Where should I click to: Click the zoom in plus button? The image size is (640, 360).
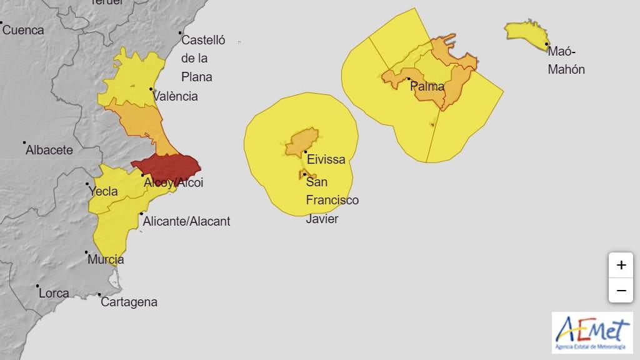621,265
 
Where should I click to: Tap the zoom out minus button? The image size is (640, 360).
621,291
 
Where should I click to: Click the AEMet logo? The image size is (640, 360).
592,332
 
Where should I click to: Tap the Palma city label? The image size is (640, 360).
427,86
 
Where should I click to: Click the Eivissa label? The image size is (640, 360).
326,159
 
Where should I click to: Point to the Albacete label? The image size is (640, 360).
49,150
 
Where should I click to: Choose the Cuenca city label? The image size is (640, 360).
24,30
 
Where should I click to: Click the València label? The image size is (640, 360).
176,96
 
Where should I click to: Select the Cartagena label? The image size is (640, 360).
129,302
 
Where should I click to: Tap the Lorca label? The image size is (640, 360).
54,292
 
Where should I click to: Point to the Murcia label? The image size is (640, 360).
106,259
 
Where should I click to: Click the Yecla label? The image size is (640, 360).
104,191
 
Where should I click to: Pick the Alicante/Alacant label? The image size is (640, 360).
186,221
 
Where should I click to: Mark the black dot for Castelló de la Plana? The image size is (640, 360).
180,32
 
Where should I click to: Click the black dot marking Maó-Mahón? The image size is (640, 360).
547,44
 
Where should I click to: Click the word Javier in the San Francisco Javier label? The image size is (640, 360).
322,219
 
